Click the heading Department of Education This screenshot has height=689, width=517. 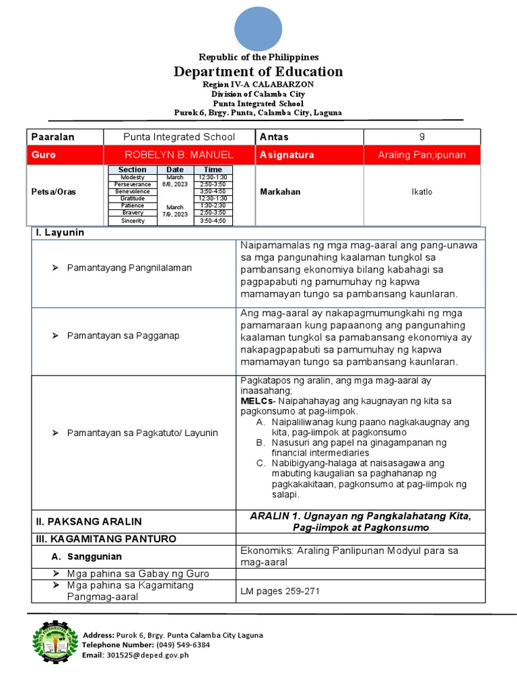[x=258, y=72]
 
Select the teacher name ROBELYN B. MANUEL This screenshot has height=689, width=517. [x=178, y=155]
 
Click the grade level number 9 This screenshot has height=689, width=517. [x=422, y=137]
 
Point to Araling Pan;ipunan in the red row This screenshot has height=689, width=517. [x=422, y=155]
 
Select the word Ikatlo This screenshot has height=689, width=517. [x=422, y=192]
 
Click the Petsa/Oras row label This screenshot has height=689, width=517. [x=53, y=192]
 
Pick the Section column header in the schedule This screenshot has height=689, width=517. [x=133, y=170]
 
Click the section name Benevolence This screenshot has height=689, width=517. [x=133, y=191]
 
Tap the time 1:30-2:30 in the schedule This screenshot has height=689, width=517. [x=213, y=206]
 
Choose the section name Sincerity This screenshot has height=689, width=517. [x=133, y=221]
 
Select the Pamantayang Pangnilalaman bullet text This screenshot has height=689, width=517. [x=129, y=268]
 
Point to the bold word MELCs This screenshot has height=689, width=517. [x=256, y=401]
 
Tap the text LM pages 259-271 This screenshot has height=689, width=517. [x=281, y=591]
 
